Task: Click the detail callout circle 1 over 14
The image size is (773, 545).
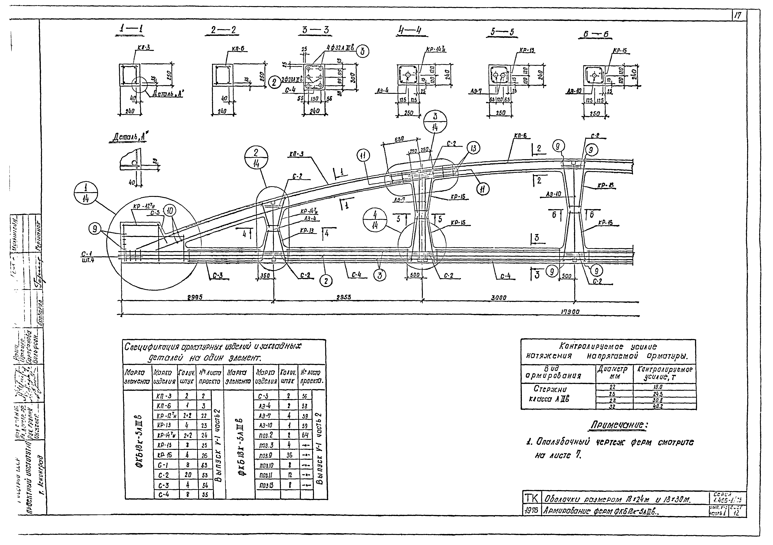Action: [x=86, y=194]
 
